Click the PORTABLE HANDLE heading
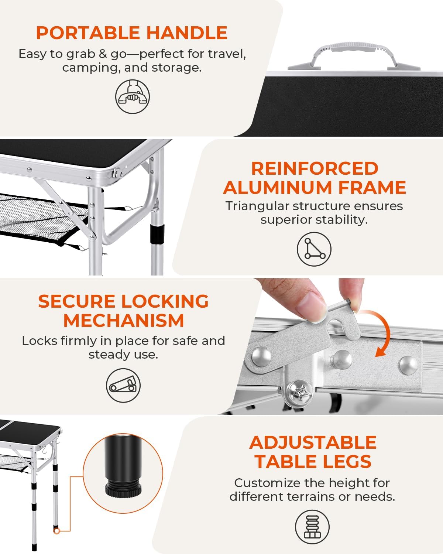pyautogui.click(x=131, y=33)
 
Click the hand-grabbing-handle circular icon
pyautogui.click(x=133, y=97)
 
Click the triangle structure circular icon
pyautogui.click(x=314, y=249)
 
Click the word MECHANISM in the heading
pyautogui.click(x=123, y=320)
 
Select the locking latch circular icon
pyautogui.click(x=123, y=386)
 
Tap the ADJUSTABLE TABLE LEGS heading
pyautogui.click(x=313, y=452)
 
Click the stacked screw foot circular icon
pyautogui.click(x=312, y=527)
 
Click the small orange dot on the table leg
pyautogui.click(x=56, y=531)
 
